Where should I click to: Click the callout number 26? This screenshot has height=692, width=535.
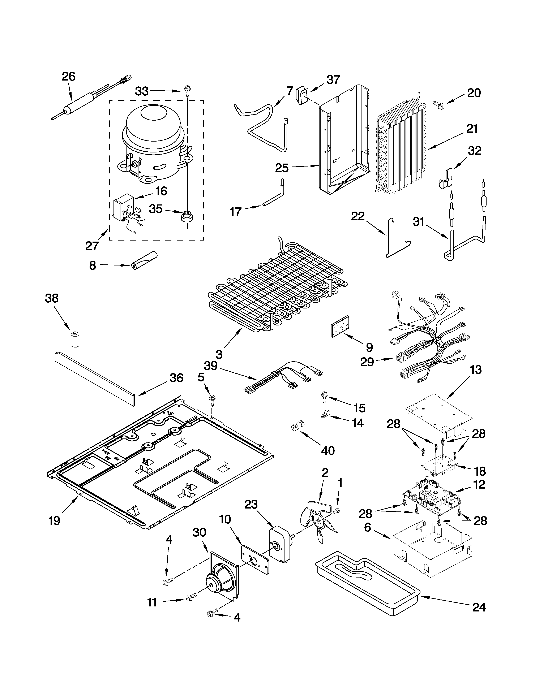(x=68, y=77)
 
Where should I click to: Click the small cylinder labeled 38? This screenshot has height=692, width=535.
(x=75, y=339)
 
